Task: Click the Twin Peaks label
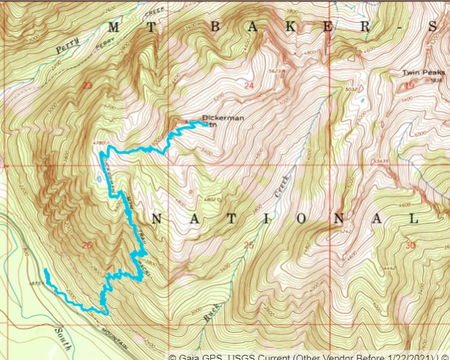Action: (x=424, y=73)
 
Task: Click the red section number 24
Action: (x=249, y=85)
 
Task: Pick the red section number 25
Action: (x=249, y=245)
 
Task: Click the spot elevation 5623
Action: (x=277, y=72)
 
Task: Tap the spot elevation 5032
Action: (x=351, y=89)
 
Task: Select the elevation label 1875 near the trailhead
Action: (x=36, y=283)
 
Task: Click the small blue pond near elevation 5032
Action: (x=362, y=101)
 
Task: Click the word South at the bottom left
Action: (x=63, y=335)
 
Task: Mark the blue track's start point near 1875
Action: (x=45, y=270)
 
